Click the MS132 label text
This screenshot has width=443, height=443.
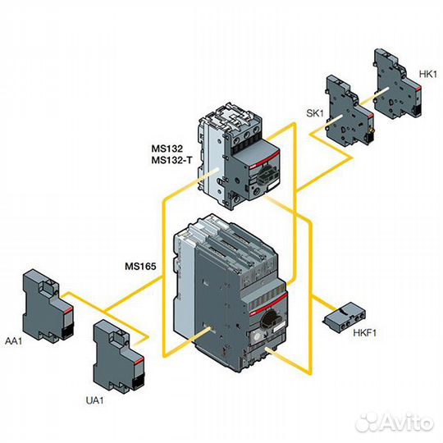(167, 148)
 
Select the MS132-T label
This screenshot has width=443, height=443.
(171, 160)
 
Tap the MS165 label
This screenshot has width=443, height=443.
(140, 266)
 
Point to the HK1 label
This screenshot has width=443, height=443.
(427, 74)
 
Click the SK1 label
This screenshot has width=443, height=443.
(315, 113)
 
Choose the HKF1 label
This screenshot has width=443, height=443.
(365, 333)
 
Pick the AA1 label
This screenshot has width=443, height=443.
(13, 341)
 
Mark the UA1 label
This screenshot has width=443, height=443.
(94, 400)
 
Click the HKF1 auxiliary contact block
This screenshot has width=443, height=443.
(344, 317)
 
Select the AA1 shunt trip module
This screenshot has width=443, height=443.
(48, 306)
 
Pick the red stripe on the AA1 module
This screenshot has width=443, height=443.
(68, 311)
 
